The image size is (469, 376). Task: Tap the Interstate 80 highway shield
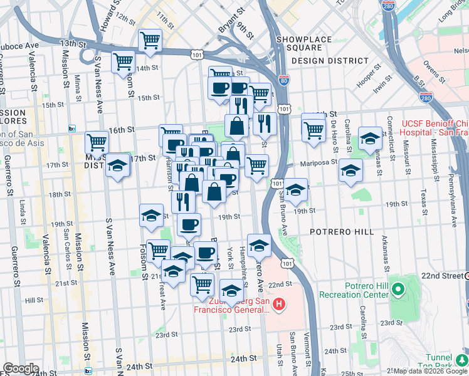click(x=284, y=81)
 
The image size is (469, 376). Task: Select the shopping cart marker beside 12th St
click(x=150, y=40)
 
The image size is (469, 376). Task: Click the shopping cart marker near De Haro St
click(x=314, y=130)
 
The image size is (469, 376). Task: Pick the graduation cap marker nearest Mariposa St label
click(x=350, y=170)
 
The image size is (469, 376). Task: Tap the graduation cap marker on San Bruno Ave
click(x=295, y=189)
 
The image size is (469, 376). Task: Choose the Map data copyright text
click(x=430, y=372)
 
